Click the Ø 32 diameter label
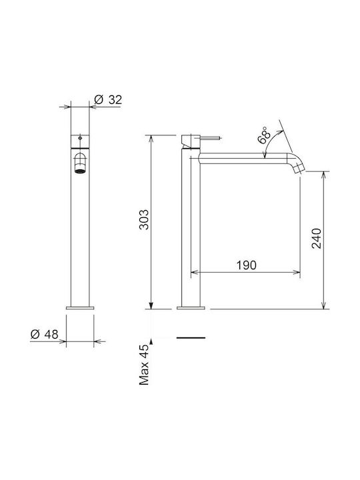[109, 100]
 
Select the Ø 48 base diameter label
[45, 334]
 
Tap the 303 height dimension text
[143, 219]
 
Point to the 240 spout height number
[317, 239]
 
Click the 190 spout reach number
[247, 265]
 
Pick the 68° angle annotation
[265, 135]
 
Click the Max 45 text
[143, 365]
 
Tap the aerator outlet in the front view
[80, 171]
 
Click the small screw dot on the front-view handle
[80, 139]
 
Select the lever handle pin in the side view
[210, 139]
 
